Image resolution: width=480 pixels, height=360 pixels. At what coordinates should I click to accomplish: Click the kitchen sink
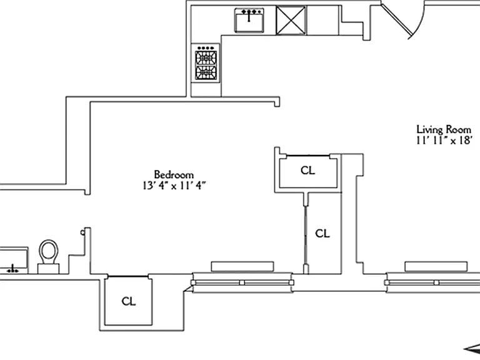coord(249,20)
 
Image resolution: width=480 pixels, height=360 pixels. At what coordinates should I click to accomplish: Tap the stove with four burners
coord(206,63)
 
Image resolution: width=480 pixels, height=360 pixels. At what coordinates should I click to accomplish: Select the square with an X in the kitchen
coord(291,21)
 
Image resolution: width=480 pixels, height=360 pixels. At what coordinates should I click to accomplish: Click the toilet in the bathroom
coord(49,256)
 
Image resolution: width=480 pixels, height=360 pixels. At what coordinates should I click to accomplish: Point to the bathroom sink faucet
coord(12,269)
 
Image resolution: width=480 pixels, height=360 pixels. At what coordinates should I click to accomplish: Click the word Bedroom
coord(174,175)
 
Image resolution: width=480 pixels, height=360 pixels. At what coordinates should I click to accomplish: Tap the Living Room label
coord(444,130)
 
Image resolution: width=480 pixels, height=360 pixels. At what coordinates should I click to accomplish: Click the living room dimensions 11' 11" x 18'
coord(444,141)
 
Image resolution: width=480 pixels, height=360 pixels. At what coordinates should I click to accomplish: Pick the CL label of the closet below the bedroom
coord(129,301)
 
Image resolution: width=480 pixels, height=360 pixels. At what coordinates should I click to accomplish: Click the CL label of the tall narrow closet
coord(322,234)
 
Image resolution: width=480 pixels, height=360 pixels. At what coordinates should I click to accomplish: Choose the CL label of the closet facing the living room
coord(307,170)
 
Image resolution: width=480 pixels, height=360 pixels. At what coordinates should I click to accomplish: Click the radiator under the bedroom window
coord(242,266)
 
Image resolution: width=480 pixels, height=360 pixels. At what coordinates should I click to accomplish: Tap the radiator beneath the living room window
coord(436,266)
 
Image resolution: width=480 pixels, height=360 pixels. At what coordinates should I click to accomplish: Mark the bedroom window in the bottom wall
coord(242,282)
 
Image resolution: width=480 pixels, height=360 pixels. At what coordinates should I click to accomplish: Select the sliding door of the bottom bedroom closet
coord(128,276)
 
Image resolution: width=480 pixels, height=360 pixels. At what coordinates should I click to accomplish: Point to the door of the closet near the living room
coord(308,156)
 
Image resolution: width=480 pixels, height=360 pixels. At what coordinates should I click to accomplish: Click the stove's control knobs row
coord(206,48)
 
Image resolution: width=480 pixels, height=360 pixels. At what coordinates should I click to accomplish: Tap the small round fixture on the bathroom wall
coord(82,232)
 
